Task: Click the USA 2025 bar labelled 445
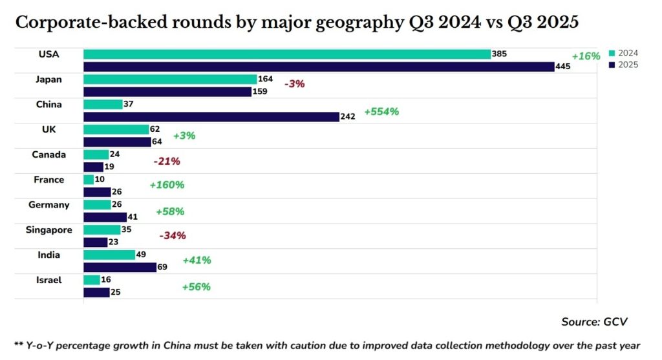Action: (x=319, y=67)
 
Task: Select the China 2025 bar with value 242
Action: (x=211, y=116)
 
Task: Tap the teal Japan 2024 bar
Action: (x=170, y=79)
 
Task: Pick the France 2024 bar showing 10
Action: (x=89, y=180)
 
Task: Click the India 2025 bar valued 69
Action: (x=120, y=267)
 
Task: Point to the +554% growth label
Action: (x=381, y=111)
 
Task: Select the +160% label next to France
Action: (x=167, y=185)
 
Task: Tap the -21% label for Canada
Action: (x=166, y=161)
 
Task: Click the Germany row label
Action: (x=48, y=205)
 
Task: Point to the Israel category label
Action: (x=49, y=280)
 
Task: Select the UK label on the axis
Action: (x=48, y=129)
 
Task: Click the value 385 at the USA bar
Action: (x=499, y=54)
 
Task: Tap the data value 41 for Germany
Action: (x=133, y=217)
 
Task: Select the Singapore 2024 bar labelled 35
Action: (x=102, y=229)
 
